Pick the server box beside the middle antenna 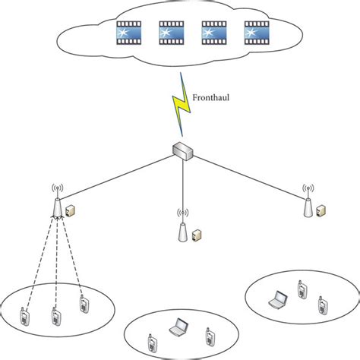coord(196,235)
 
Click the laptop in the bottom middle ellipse coord(178,326)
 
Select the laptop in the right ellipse coord(278,299)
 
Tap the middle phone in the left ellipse coord(55,315)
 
